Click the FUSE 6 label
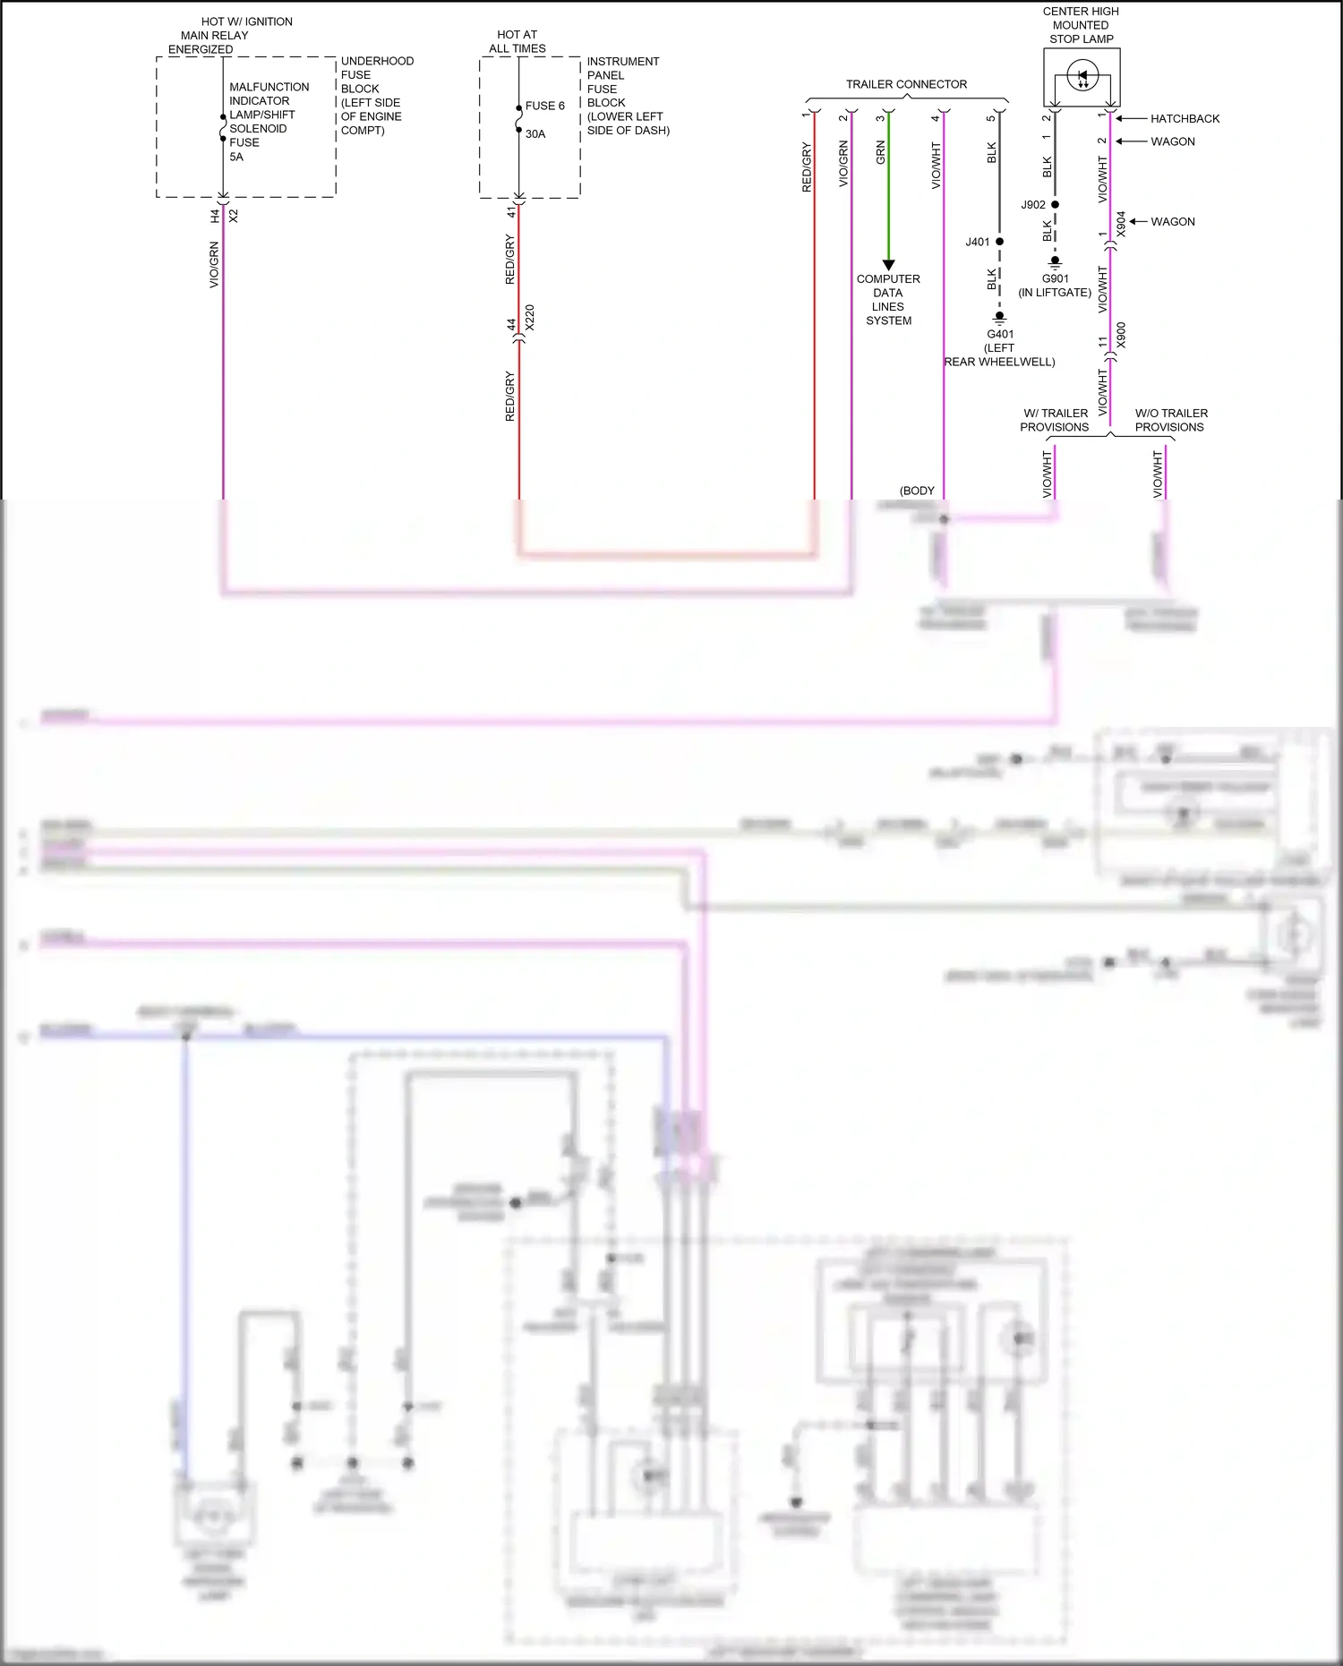click(x=544, y=106)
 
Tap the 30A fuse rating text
click(x=535, y=134)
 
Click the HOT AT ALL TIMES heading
click(x=517, y=41)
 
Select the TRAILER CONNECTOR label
click(x=906, y=84)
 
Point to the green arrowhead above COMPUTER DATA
click(x=888, y=265)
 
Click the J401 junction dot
click(x=999, y=242)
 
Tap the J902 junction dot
click(x=1055, y=205)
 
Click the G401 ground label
click(x=1000, y=334)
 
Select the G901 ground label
click(x=1055, y=278)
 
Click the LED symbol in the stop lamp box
click(x=1082, y=77)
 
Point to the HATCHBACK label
click(x=1185, y=118)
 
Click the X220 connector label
click(x=529, y=318)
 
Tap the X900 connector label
click(x=1122, y=336)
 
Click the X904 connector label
click(x=1122, y=225)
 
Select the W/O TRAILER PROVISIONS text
click(x=1170, y=420)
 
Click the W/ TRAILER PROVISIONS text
click(x=1055, y=420)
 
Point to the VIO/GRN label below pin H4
click(x=214, y=265)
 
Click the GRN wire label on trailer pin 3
click(x=880, y=152)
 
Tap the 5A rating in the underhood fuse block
click(x=236, y=157)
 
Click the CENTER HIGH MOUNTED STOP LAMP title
click(x=1081, y=25)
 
